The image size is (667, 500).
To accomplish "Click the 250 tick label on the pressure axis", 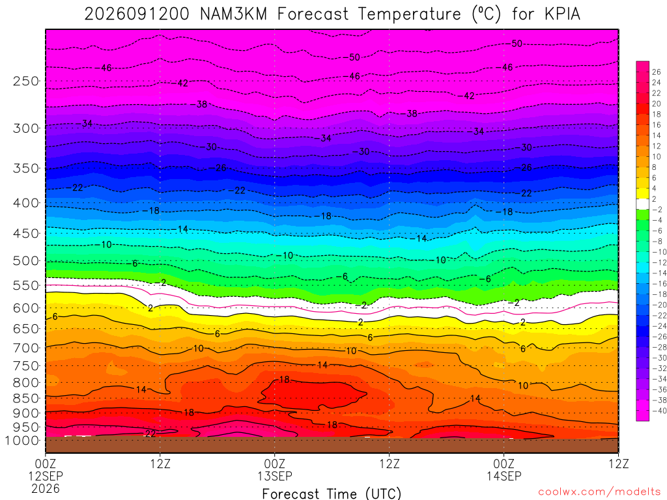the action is coord(26,81).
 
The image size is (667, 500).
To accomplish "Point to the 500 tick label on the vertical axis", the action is coord(26,260).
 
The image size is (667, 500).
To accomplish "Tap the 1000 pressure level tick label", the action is coord(23,441).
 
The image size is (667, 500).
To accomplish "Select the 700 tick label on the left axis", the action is coord(26,348).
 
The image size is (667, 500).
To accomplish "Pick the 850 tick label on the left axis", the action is coord(26,398).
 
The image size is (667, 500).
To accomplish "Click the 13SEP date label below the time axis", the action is coord(275,476).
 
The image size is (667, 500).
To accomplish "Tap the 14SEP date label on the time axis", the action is coord(504,476).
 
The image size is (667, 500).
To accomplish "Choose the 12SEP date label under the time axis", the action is coord(46,476).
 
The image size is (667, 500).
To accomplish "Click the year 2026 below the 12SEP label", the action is coord(46,488).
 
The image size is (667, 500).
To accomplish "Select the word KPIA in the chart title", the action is coord(562,14).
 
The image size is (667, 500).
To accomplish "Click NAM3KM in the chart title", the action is coord(234,14).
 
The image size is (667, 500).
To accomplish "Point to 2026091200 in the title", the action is coord(137,14).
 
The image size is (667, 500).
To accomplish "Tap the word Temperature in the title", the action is coord(409,14).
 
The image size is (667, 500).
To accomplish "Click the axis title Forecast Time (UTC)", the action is coord(332,493).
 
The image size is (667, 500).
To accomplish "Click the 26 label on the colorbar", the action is coord(657,72).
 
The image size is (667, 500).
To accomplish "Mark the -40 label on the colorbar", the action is coord(659,411).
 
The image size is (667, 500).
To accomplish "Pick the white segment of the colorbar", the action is coord(643,204).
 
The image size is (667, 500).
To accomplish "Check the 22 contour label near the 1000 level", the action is coord(150,433).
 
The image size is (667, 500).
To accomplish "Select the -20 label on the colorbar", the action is coord(659,305).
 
